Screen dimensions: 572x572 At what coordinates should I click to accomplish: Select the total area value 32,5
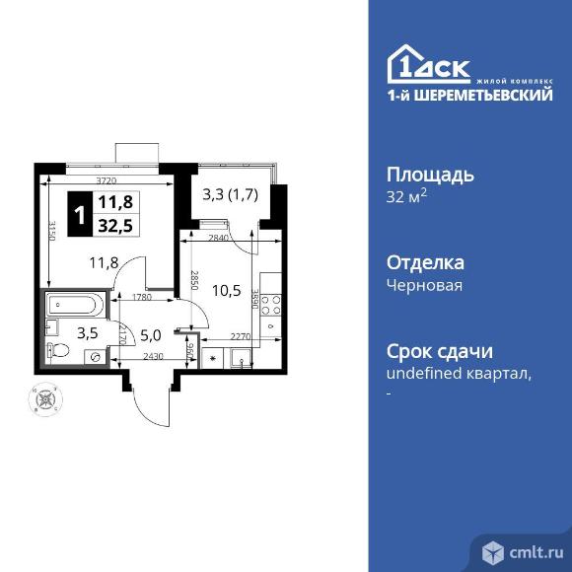(116, 223)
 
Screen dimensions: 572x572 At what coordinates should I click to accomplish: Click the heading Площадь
(429, 175)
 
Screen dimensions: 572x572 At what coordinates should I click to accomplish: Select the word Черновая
(424, 285)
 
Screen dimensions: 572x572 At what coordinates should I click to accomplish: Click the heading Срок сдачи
(438, 351)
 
